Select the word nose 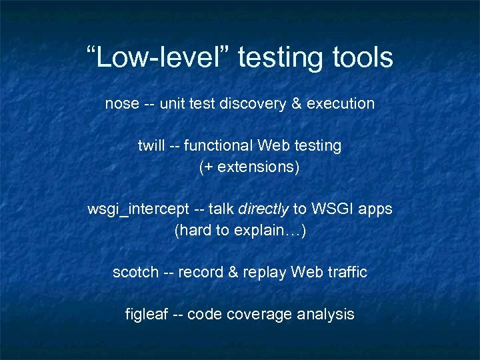pyautogui.click(x=122, y=104)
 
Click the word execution pyautogui.click(x=341, y=104)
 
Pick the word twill pyautogui.click(x=151, y=145)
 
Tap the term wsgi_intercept pyautogui.click(x=137, y=209)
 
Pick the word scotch pyautogui.click(x=135, y=272)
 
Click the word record pyautogui.click(x=201, y=272)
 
